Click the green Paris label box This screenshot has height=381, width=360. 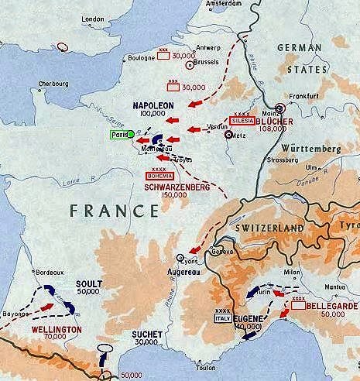click(x=120, y=134)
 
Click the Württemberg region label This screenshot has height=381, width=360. click(x=320, y=148)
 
